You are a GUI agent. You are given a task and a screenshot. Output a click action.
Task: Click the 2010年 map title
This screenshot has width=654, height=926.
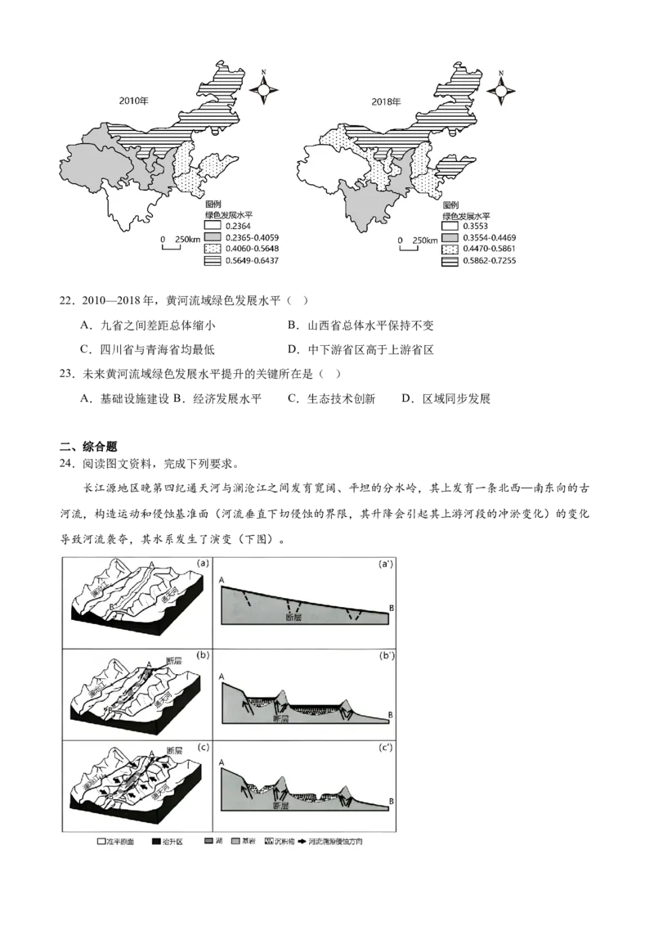point(132,101)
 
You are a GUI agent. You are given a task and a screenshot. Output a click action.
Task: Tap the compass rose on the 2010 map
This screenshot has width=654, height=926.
point(264,87)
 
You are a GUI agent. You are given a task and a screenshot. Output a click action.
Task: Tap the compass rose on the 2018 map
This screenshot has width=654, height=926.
point(499,87)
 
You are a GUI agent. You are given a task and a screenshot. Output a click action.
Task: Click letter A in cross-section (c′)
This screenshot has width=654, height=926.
point(222,762)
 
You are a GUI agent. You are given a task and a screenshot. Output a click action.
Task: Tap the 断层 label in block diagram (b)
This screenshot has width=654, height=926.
point(172,660)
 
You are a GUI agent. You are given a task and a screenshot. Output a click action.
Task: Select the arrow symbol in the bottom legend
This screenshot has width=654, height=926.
point(304,840)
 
